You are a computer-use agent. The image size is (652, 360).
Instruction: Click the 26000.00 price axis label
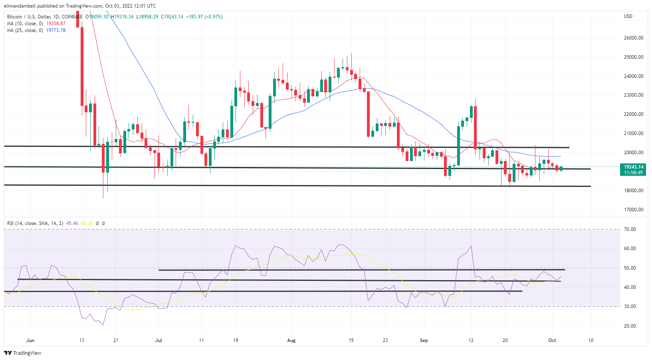(634, 38)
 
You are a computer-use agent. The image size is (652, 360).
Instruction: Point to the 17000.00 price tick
(634, 209)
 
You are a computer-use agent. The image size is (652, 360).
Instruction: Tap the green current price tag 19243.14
(634, 167)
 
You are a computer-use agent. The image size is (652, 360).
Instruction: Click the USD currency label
(628, 16)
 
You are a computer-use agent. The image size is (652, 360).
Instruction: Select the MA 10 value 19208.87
(56, 24)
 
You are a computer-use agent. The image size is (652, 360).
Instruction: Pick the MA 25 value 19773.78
(56, 30)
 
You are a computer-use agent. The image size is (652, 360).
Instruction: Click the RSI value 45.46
(72, 223)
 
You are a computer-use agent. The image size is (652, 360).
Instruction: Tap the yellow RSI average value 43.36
(87, 223)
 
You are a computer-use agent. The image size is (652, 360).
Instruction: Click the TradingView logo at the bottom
(23, 353)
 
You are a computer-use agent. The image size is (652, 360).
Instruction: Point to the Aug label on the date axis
(291, 340)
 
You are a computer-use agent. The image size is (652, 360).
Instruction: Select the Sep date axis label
(424, 340)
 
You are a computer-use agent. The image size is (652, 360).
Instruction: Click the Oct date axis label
(552, 340)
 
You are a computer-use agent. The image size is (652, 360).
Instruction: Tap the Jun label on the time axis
(30, 340)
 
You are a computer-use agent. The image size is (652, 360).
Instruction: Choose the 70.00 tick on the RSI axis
(630, 229)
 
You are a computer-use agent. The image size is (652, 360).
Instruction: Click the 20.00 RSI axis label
(630, 326)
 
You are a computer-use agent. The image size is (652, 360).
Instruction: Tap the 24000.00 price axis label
(634, 76)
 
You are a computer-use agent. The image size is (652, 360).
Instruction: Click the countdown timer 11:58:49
(634, 173)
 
